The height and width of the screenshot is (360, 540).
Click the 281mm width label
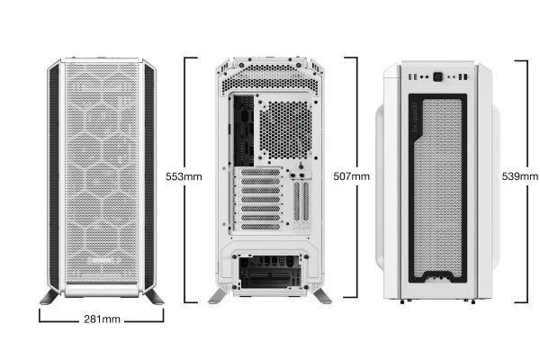click(x=102, y=319)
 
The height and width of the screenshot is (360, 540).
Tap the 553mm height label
click(x=184, y=176)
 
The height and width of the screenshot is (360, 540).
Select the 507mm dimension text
click(x=351, y=176)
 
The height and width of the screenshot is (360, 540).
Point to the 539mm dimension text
click(x=519, y=176)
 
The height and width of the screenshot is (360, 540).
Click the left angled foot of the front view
click(x=49, y=297)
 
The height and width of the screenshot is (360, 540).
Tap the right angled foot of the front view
click(x=154, y=297)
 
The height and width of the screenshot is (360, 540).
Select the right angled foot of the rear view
click(x=322, y=296)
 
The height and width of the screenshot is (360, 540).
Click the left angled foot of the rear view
click(x=218, y=296)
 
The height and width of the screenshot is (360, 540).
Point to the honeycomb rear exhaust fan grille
click(x=285, y=130)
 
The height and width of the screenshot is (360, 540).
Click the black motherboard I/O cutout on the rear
click(x=244, y=130)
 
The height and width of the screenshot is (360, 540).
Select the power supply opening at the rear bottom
click(x=270, y=272)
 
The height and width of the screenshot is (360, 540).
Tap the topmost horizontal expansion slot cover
click(x=260, y=172)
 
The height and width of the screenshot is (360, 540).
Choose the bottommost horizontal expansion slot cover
click(x=260, y=227)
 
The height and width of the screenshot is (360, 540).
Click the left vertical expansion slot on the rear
click(x=297, y=202)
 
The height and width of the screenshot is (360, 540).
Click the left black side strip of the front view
click(x=54, y=176)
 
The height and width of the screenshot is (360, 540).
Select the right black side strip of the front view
click(x=149, y=176)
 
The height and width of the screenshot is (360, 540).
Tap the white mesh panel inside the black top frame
click(x=437, y=188)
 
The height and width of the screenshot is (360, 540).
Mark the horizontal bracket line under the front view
click(x=102, y=321)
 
